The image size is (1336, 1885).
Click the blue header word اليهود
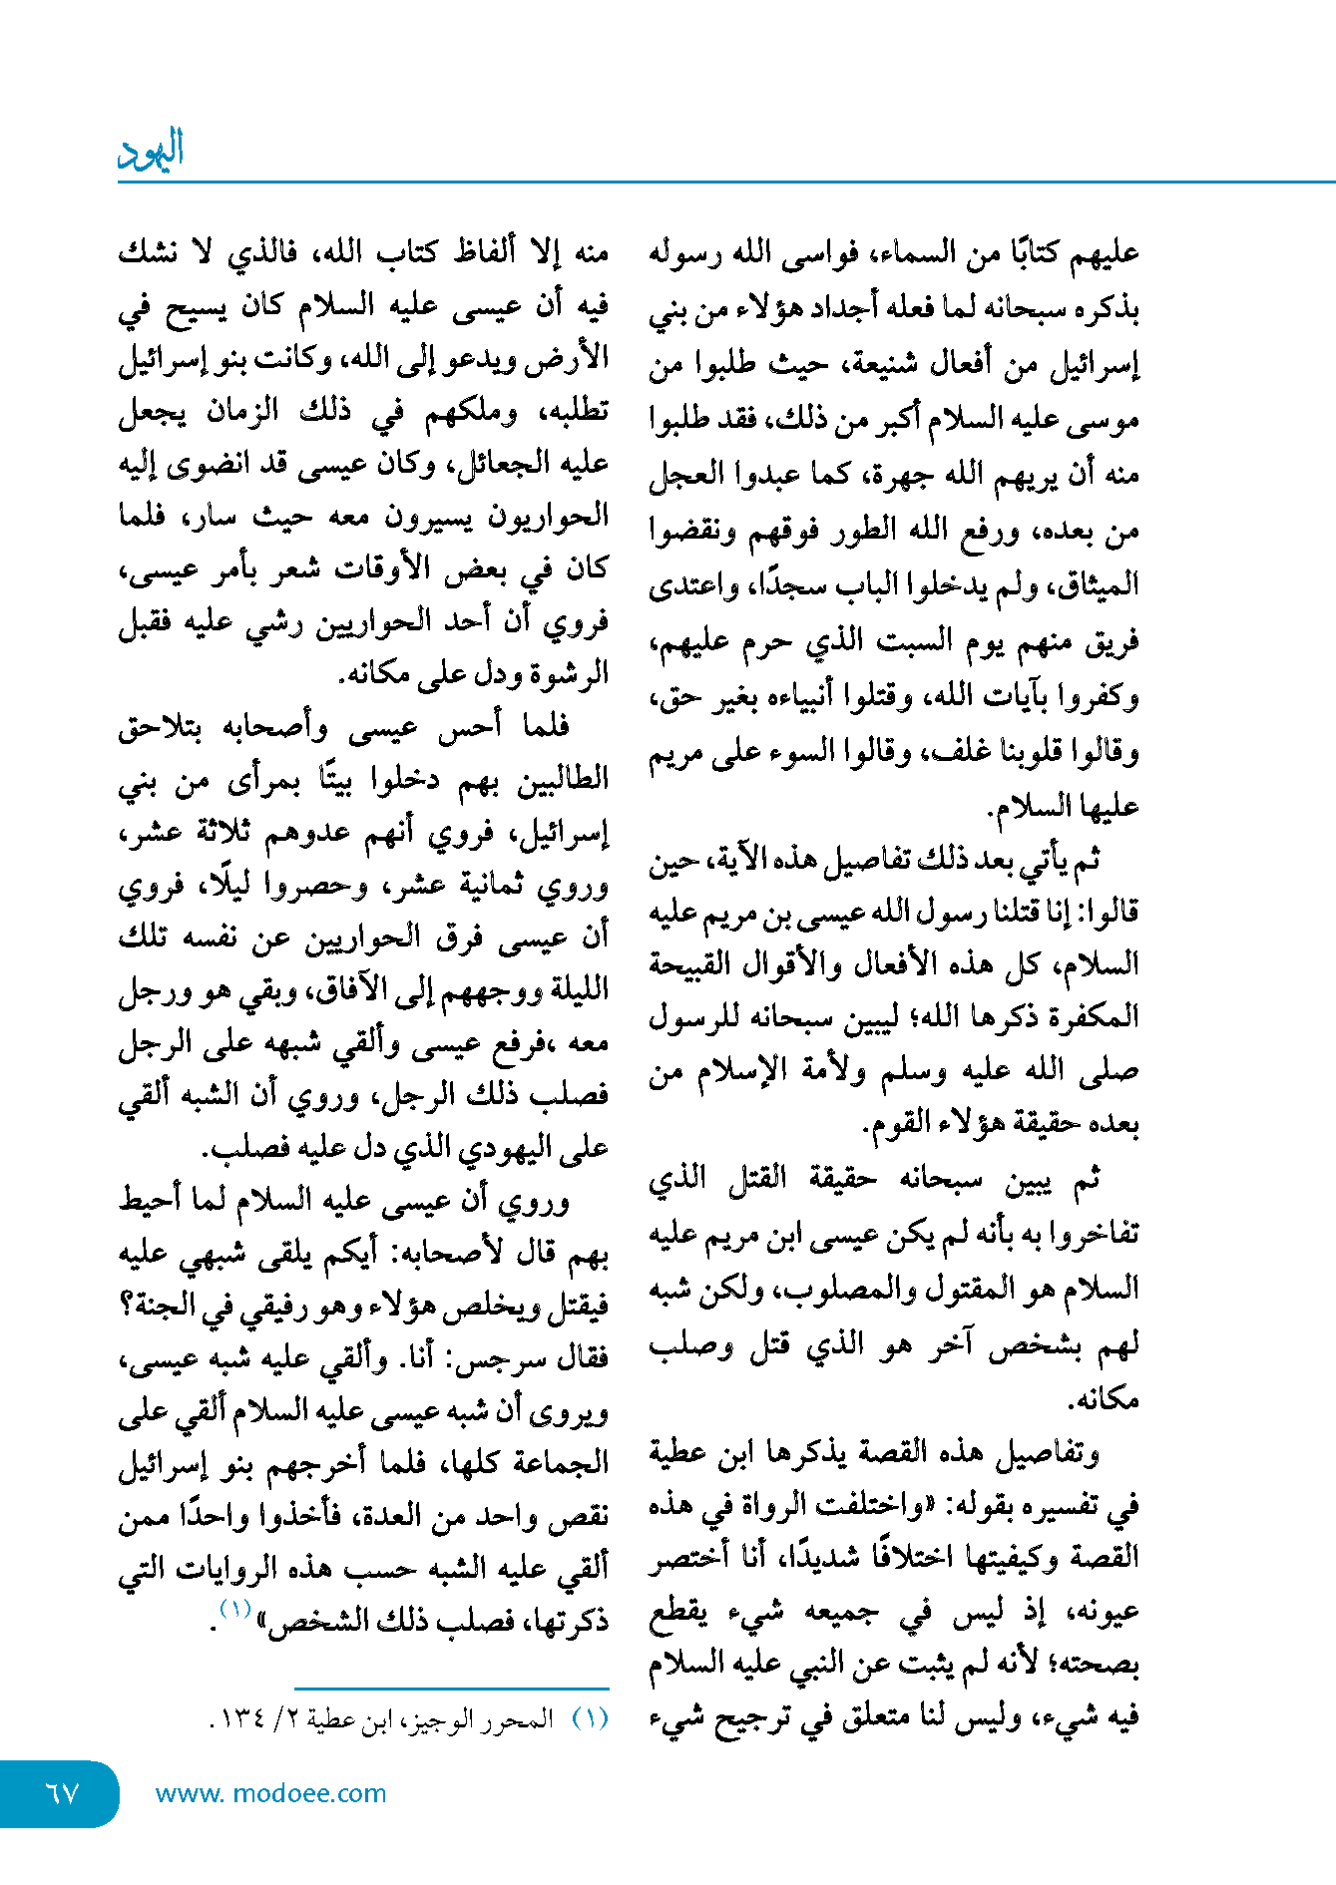coord(151,150)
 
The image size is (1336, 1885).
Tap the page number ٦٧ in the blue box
coord(62,1793)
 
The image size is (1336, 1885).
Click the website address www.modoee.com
coord(270,1793)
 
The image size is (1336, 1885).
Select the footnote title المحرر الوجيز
coord(497,1719)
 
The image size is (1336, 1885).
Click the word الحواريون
coord(548,517)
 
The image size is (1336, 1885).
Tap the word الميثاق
coord(1095,584)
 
